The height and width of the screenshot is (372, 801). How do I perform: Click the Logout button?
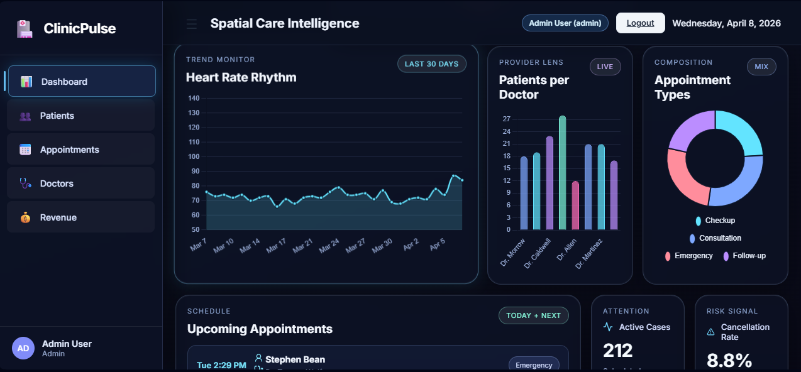[640, 23]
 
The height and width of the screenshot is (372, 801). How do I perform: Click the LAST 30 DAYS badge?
[431, 64]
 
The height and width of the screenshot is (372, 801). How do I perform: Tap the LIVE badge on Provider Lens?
[605, 67]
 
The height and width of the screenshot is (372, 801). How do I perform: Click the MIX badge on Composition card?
[761, 67]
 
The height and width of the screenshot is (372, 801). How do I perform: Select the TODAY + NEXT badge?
[533, 315]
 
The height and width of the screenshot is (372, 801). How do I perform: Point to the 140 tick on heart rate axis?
[194, 98]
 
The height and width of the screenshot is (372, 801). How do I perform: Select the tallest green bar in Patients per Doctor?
[562, 173]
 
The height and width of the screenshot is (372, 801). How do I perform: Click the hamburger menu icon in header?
[192, 24]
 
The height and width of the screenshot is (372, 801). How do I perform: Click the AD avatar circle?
[23, 348]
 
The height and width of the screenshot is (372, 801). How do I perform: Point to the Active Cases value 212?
[617, 350]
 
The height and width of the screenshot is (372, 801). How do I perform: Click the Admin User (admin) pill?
[565, 23]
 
